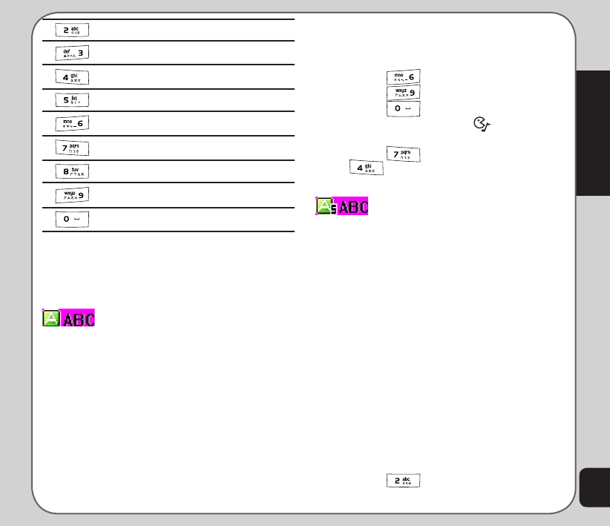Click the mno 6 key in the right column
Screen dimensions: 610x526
point(403,76)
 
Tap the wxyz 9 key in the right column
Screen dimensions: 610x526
point(403,92)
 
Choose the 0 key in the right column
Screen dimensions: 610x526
point(403,108)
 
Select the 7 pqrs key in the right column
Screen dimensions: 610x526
point(403,154)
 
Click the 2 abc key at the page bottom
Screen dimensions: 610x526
point(403,481)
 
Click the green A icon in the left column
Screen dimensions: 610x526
point(51,319)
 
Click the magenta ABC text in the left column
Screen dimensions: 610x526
point(79,320)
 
